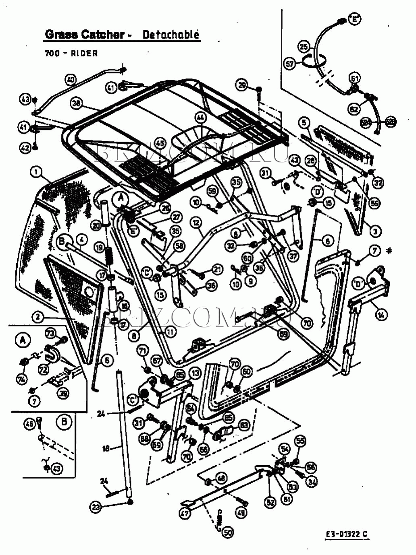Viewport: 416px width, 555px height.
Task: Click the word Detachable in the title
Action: (171, 35)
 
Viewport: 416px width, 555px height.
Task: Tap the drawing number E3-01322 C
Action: (347, 534)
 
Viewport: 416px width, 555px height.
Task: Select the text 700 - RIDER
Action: (71, 53)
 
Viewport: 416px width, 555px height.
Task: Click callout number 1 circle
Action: (37, 173)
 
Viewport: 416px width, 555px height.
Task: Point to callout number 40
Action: (71, 80)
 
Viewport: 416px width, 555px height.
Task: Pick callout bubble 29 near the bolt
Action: (242, 85)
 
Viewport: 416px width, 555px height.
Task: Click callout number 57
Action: (290, 64)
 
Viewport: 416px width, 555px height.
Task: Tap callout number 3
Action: (375, 231)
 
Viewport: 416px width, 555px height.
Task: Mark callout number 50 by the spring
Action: (228, 532)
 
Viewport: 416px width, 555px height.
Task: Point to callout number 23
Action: (96, 507)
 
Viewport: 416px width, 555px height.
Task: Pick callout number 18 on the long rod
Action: (106, 448)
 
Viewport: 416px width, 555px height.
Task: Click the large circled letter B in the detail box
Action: (64, 422)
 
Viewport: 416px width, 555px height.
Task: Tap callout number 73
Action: (50, 333)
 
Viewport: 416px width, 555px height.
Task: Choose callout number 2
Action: (37, 317)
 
